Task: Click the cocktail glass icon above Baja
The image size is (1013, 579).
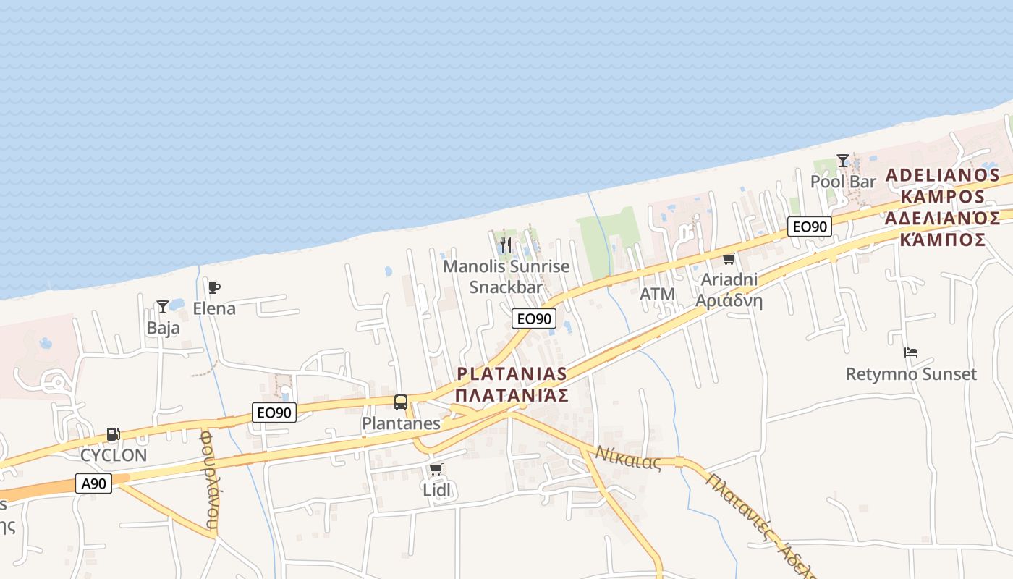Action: pos(163,307)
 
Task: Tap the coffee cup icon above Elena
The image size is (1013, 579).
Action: pos(213,288)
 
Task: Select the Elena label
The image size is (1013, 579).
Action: pos(214,308)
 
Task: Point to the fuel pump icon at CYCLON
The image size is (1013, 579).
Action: pos(114,434)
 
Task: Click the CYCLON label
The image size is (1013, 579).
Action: pos(114,455)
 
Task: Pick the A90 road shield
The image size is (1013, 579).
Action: pos(94,483)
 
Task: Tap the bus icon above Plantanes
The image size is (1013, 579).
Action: pos(401,402)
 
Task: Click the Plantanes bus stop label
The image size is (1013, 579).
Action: pos(401,423)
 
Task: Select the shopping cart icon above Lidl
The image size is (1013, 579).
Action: pos(436,470)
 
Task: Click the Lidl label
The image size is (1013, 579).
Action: pos(436,490)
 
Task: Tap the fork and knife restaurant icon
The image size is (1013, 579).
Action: pos(506,245)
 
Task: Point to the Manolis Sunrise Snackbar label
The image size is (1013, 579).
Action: pos(506,276)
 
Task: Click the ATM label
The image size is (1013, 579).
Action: pos(657,295)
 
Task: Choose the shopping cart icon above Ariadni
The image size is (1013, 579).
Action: pos(729,259)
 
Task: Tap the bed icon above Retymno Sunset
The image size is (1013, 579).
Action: pos(911,353)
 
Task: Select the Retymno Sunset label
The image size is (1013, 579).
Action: pos(911,374)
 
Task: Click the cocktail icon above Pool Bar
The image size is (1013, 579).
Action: pos(843,160)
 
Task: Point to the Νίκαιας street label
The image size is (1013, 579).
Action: pos(628,458)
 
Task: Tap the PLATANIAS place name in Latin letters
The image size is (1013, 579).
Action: pos(512,373)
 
